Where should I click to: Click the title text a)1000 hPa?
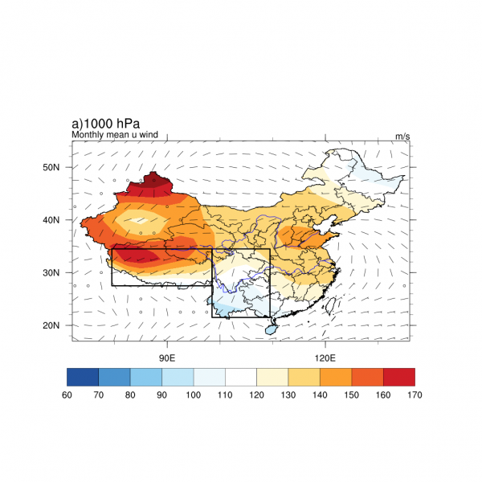105,124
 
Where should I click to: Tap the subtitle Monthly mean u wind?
114,135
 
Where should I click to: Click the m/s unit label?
402,137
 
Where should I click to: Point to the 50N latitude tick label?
53,167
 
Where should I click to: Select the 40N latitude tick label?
53,220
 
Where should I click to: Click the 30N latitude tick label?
53,273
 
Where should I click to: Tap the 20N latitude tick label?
53,325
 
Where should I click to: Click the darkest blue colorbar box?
83,376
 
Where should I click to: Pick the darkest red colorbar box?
399,376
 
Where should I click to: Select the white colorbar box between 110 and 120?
241,376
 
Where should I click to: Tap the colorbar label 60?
67,394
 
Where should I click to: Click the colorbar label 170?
415,394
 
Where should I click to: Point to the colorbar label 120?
256,394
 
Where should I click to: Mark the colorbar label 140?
320,394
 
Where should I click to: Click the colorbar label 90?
161,394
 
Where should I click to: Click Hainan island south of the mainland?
272,327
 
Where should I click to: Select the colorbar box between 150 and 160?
367,376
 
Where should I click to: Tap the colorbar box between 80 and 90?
146,376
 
